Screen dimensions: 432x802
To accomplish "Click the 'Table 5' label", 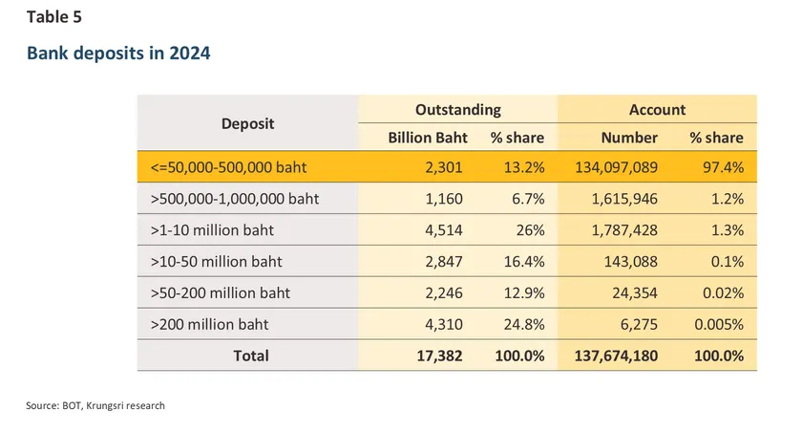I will click(x=54, y=16).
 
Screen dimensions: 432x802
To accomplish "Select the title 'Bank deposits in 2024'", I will click(x=117, y=54).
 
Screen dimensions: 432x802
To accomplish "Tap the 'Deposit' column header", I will click(x=247, y=123).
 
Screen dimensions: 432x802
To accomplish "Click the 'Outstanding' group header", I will click(x=457, y=110).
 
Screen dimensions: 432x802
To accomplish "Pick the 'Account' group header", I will click(x=657, y=110).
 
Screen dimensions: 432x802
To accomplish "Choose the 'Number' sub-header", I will click(x=629, y=138).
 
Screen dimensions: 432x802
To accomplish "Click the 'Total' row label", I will click(x=250, y=356).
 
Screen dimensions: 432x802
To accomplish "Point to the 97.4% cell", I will click(x=723, y=168).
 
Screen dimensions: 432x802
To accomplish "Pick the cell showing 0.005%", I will click(x=718, y=324).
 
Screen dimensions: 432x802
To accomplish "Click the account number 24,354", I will click(x=634, y=292).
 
